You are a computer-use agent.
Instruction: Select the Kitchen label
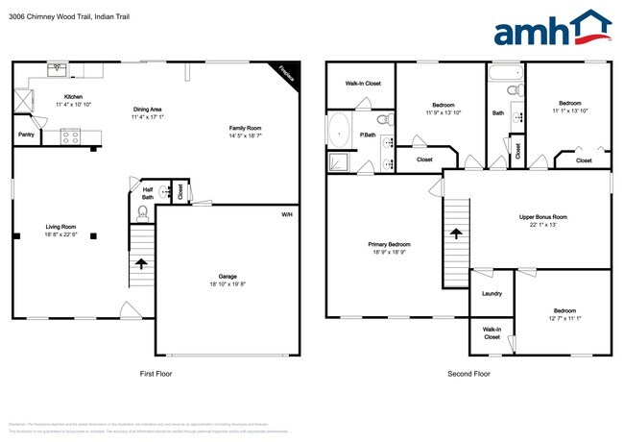[x=73, y=97]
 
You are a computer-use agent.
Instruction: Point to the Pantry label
[x=26, y=135]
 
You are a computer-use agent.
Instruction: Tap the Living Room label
[x=60, y=227]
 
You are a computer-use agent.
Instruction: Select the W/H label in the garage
[x=286, y=213]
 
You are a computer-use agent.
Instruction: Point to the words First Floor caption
[x=154, y=374]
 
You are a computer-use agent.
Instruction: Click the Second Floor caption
[x=468, y=374]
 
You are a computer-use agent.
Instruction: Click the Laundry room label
[x=491, y=295]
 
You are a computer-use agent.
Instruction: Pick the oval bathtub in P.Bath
[x=339, y=129]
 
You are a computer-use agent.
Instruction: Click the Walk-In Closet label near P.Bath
[x=363, y=84]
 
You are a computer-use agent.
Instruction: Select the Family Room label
[x=245, y=128]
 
